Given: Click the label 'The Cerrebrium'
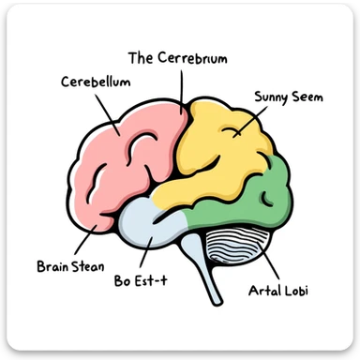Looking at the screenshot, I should pyautogui.click(x=177, y=58).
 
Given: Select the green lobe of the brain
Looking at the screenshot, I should pyautogui.click(x=267, y=197).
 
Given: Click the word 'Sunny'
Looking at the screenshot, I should pyautogui.click(x=270, y=97).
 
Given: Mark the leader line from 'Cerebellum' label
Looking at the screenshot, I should pyautogui.click(x=108, y=110).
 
